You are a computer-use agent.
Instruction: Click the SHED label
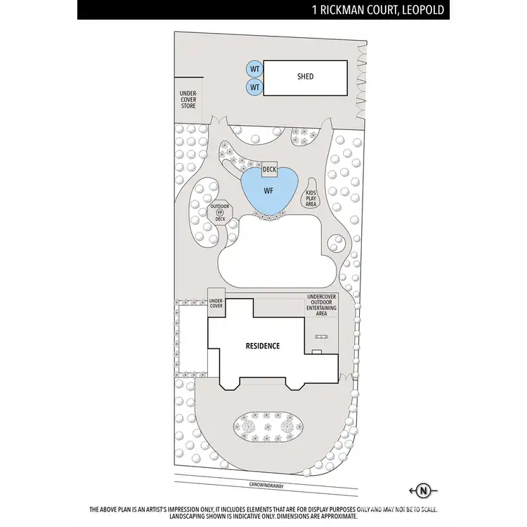pyautogui.click(x=305, y=77)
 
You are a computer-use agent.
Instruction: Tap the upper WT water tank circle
pyautogui.click(x=254, y=68)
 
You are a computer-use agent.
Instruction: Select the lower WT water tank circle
pyautogui.click(x=254, y=87)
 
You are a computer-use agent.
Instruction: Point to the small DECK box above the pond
pyautogui.click(x=269, y=169)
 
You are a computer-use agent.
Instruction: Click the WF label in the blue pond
pyautogui.click(x=268, y=191)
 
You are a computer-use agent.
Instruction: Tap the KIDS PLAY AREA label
pyautogui.click(x=311, y=197)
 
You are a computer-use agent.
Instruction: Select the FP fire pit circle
pyautogui.click(x=220, y=212)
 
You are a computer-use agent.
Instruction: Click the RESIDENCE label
pyautogui.click(x=262, y=346)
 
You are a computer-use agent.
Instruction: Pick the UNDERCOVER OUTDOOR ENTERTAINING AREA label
pyautogui.click(x=322, y=305)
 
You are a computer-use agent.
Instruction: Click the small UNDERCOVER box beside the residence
pyautogui.click(x=216, y=304)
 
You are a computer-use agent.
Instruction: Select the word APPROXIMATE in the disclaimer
pyautogui.click(x=337, y=516)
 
